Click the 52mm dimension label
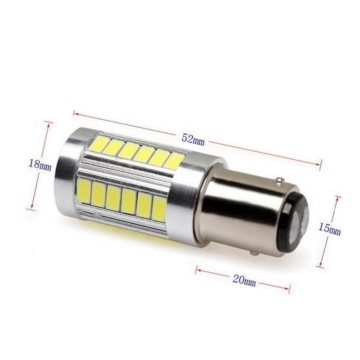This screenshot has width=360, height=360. (193, 139)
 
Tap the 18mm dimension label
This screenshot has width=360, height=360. (40, 165)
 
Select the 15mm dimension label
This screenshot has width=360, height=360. (329, 229)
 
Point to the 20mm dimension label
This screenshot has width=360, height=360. (244, 281)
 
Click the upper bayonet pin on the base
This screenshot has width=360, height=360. (279, 181)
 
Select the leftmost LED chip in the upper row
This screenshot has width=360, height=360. (99, 142)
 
